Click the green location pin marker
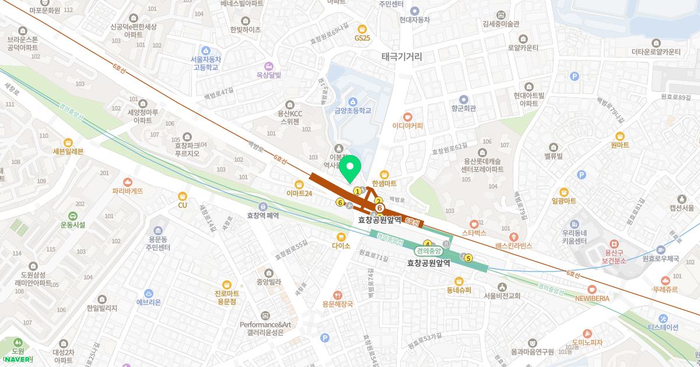coord(350,169)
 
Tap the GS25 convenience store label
coord(362,38)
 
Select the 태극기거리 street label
coord(401,57)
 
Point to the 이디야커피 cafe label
coord(408,125)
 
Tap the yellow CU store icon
coord(183,196)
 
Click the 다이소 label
coord(341,246)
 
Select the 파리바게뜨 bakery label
coord(128,190)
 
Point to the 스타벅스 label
coord(474,233)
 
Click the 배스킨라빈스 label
coord(513,245)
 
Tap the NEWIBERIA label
coord(592,298)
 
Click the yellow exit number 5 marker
coord(468,258)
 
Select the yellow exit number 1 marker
coord(358,191)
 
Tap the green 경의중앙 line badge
coord(430,251)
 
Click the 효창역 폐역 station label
coord(263,215)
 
